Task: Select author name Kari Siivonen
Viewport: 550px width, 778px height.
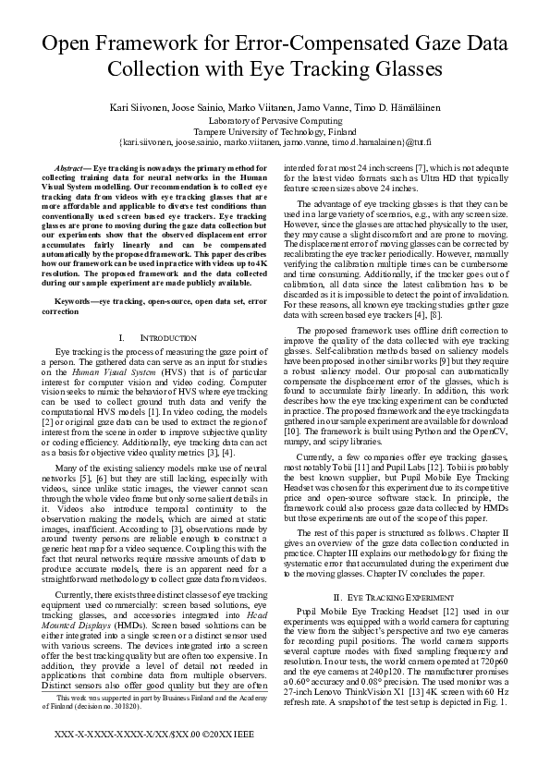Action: pos(138,107)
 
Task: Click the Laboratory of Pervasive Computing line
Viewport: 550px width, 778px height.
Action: pos(275,120)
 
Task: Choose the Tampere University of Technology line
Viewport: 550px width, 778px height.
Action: pos(275,131)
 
